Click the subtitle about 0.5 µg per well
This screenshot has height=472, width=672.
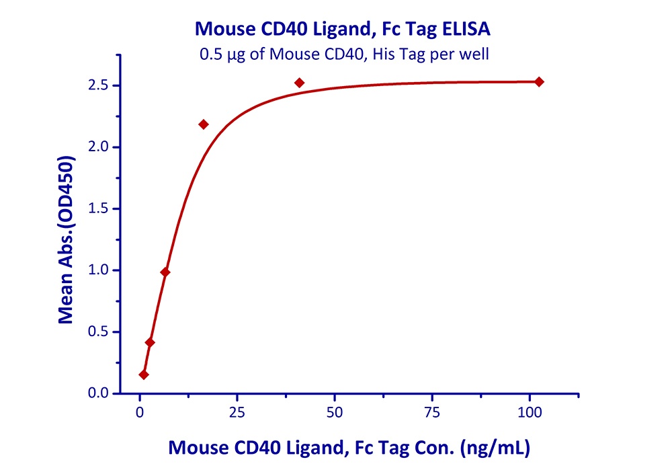click(x=343, y=54)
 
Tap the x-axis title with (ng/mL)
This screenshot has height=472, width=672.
click(x=349, y=448)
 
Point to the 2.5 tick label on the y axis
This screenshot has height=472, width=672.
click(x=100, y=85)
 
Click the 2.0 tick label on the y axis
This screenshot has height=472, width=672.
click(x=100, y=147)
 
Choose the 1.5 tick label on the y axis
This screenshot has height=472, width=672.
click(x=100, y=208)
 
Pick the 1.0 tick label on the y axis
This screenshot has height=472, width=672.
click(x=100, y=270)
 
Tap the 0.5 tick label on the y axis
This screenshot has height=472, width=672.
click(x=100, y=331)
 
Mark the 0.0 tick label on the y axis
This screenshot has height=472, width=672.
click(x=100, y=393)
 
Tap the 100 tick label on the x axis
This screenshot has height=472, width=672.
click(x=530, y=409)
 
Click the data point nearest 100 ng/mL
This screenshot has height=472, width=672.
click(x=539, y=82)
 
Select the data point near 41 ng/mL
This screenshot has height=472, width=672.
click(x=300, y=83)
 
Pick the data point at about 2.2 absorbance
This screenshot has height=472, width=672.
click(x=204, y=124)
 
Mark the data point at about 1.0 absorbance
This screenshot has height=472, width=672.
click(x=165, y=272)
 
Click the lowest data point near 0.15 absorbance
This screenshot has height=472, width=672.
click(x=144, y=375)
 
